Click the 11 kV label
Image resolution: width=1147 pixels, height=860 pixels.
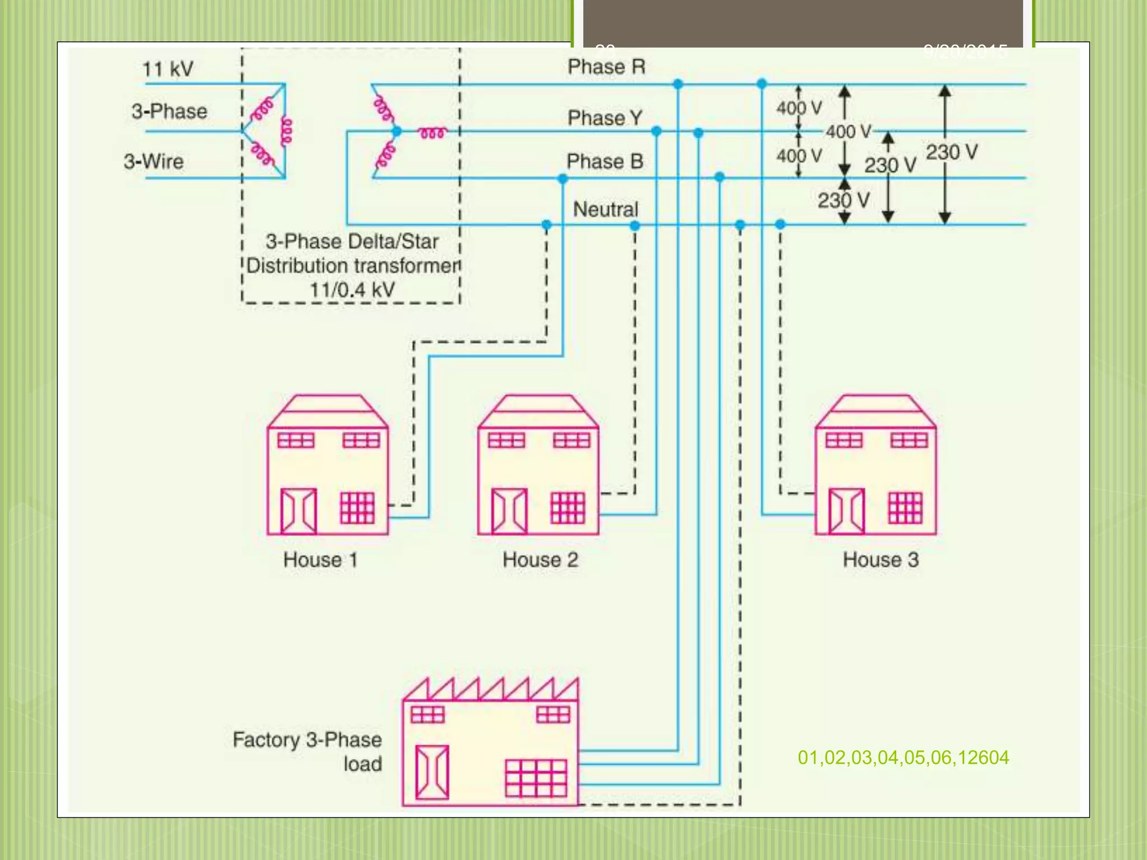click(167, 69)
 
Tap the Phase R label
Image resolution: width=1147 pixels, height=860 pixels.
click(607, 67)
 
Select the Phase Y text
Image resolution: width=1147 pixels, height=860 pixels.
click(605, 118)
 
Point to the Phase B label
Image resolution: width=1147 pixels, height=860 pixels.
click(605, 162)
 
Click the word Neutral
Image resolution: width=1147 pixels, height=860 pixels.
click(605, 209)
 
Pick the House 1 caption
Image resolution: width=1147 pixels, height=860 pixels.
click(320, 560)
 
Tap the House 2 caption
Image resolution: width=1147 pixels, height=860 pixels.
click(540, 560)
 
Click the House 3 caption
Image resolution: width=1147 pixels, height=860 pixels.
click(880, 560)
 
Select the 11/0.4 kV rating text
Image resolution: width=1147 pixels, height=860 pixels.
click(352, 290)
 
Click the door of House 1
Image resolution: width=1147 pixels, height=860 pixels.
click(299, 511)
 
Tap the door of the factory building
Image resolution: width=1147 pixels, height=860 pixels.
click(432, 772)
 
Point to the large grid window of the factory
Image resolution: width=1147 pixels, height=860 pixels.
click(536, 778)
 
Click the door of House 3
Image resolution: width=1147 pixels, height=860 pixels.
click(846, 511)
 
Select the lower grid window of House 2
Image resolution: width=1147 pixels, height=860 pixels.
click(568, 508)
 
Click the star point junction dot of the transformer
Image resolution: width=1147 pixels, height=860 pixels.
click(397, 132)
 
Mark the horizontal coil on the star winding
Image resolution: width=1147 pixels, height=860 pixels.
click(432, 133)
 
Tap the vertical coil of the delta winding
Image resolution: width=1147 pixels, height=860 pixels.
click(286, 132)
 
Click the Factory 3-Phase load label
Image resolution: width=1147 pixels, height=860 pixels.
click(307, 751)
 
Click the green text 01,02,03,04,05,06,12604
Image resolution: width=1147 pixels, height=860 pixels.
click(903, 758)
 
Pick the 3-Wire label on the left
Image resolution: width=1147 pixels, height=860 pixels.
click(153, 162)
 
